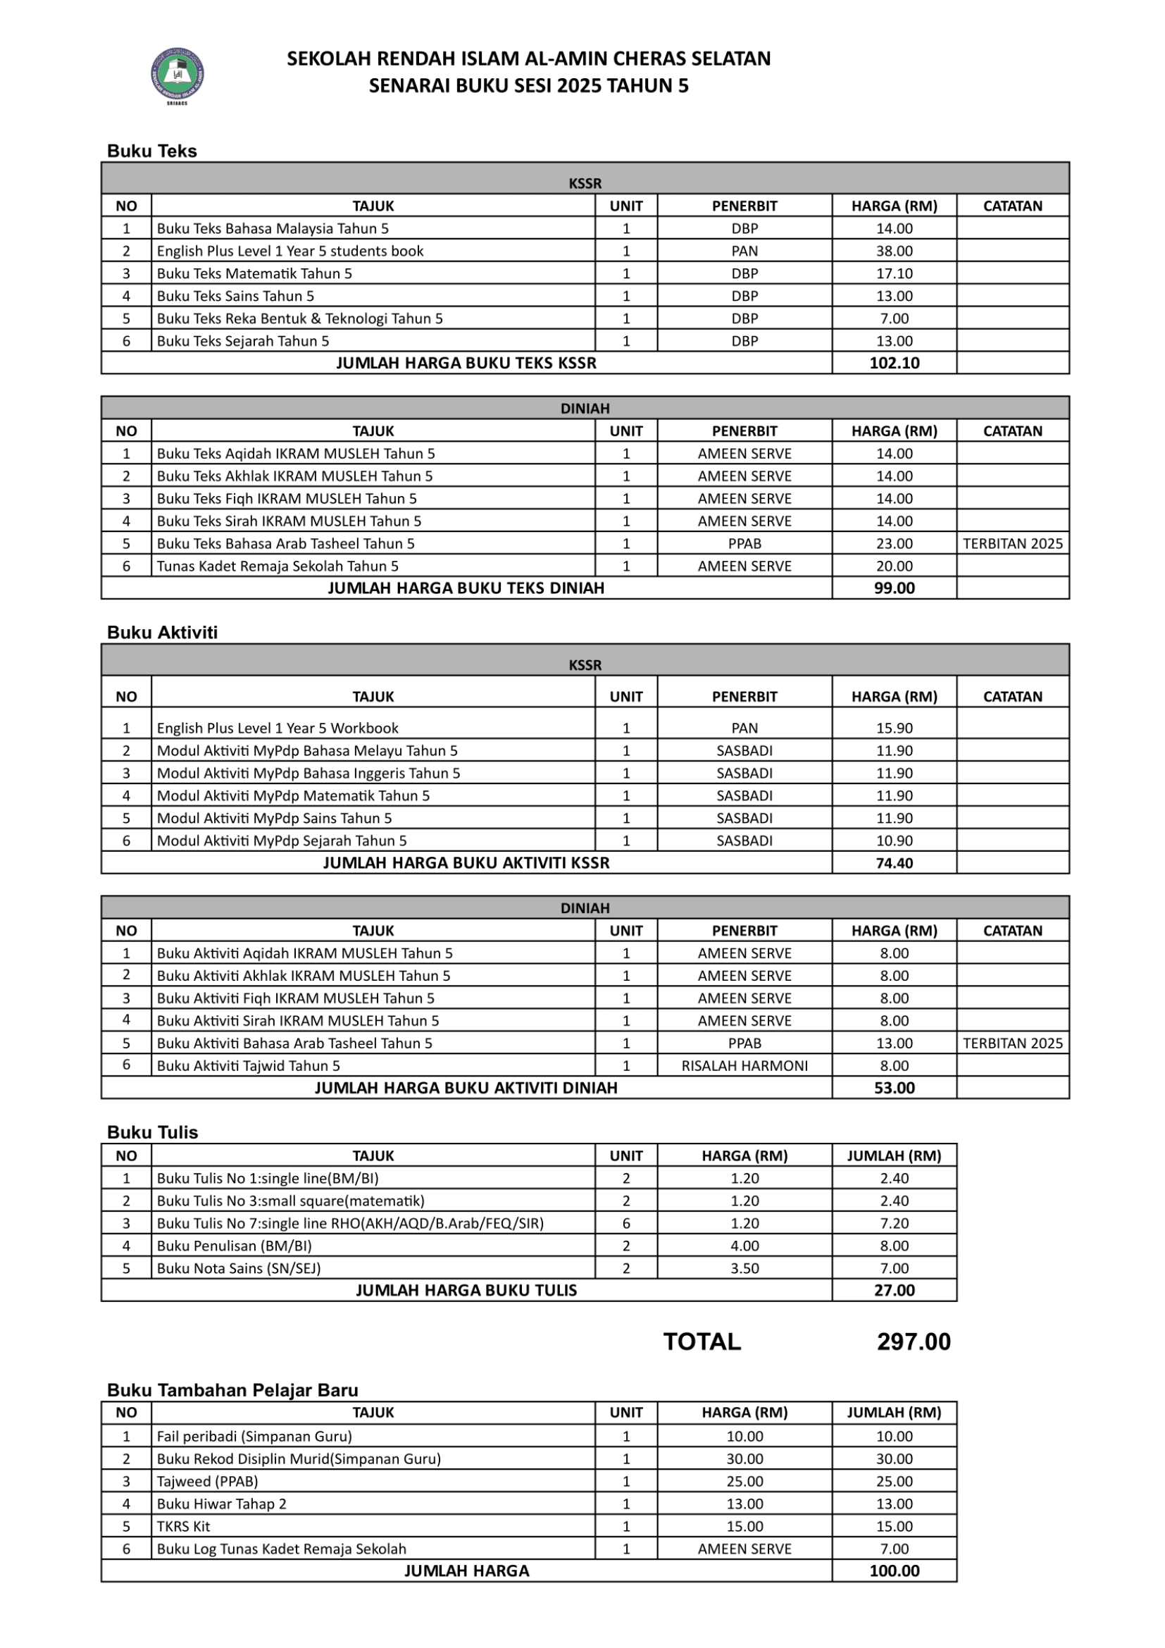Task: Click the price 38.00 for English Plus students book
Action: (x=894, y=251)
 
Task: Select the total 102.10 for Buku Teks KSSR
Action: (x=894, y=362)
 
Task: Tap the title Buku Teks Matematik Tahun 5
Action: (x=255, y=273)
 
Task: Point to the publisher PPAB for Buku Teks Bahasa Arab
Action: (x=745, y=543)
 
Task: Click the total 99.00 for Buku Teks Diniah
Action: (x=894, y=588)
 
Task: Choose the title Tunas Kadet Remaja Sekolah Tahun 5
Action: (x=278, y=566)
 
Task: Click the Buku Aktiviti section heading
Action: (x=162, y=632)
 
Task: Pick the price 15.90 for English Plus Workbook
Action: (x=894, y=728)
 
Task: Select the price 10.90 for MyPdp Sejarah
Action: (x=894, y=841)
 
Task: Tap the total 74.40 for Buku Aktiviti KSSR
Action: (x=894, y=863)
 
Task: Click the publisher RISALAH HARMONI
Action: (x=745, y=1066)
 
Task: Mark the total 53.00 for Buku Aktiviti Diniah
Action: (x=894, y=1088)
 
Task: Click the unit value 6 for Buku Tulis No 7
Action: (x=626, y=1223)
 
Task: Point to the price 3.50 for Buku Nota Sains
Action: (x=745, y=1268)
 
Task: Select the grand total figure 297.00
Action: (x=914, y=1342)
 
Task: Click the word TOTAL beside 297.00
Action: (x=702, y=1342)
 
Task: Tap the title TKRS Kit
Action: (x=184, y=1526)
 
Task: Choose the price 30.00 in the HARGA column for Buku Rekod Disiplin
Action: (x=745, y=1458)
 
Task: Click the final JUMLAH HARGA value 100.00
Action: (x=894, y=1570)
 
